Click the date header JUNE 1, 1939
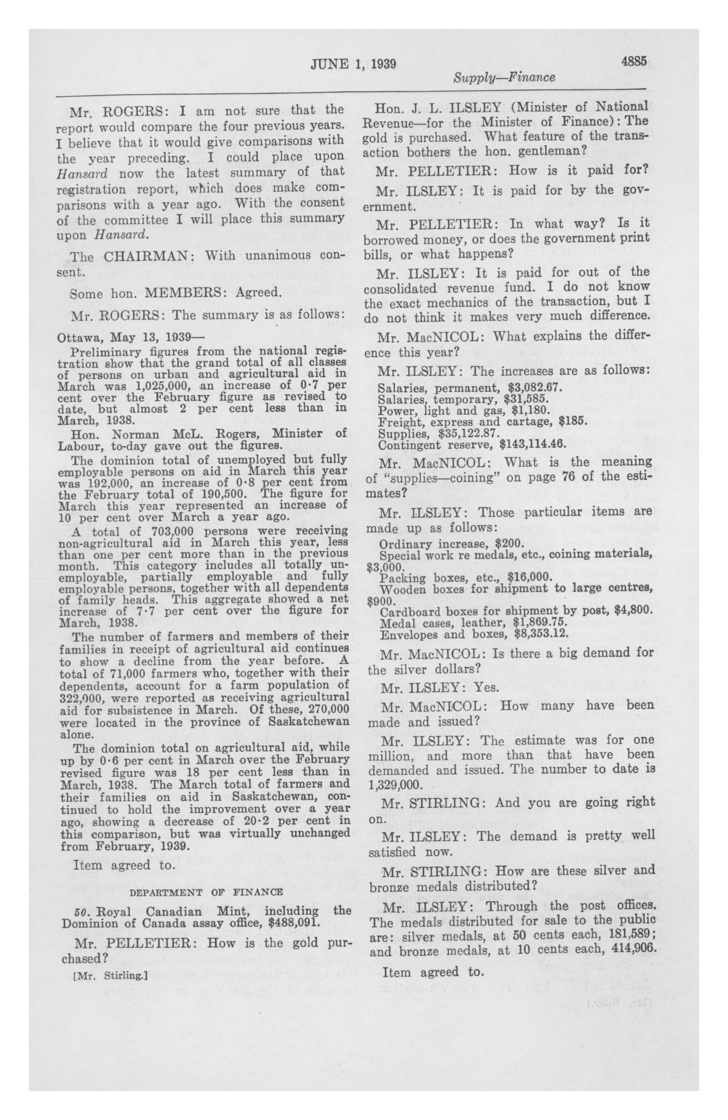353,64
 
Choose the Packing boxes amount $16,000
522,577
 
